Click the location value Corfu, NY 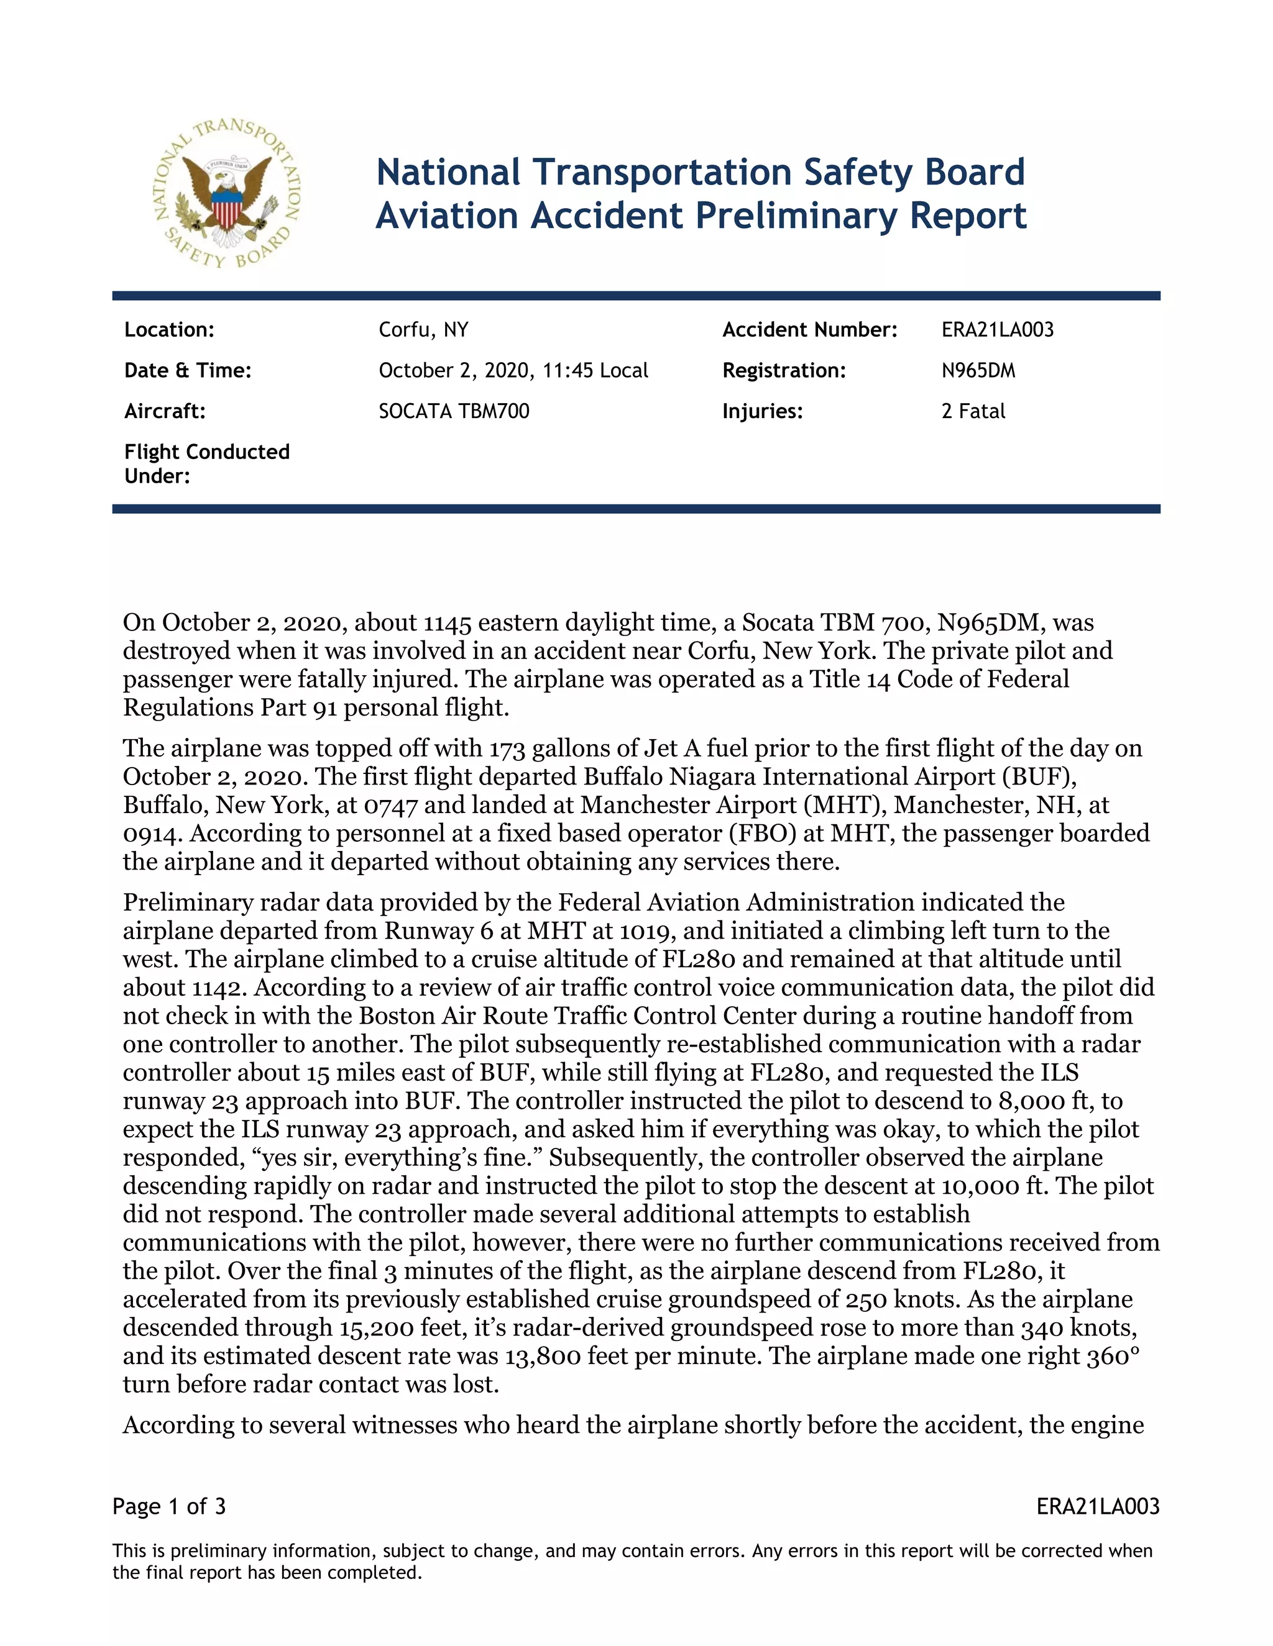pyautogui.click(x=423, y=330)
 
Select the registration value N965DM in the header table pyautogui.click(x=978, y=371)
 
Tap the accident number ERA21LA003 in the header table pyautogui.click(x=997, y=330)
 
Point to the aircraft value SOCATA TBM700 pyautogui.click(x=454, y=411)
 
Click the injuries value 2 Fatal pyautogui.click(x=973, y=411)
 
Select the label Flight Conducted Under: pyautogui.click(x=206, y=463)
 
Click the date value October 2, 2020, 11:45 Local pyautogui.click(x=513, y=371)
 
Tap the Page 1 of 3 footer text pyautogui.click(x=169, y=1507)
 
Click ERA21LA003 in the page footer pyautogui.click(x=1097, y=1507)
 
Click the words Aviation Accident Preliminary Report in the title pyautogui.click(x=701, y=216)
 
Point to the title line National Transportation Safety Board pyautogui.click(x=701, y=173)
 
